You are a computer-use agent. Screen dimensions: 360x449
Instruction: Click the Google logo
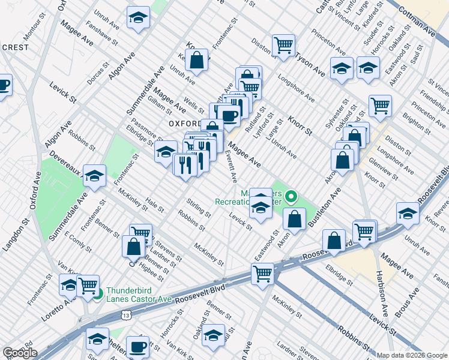tap(20, 353)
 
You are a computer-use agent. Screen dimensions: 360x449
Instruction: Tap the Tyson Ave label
tap(310, 64)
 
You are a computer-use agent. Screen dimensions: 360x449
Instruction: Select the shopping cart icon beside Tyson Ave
tap(283, 45)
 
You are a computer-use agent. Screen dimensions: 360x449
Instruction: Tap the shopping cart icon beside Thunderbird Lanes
tap(88, 284)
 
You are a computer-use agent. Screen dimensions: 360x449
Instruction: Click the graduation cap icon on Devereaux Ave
tap(94, 175)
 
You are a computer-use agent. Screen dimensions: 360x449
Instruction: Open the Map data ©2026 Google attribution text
tap(411, 355)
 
